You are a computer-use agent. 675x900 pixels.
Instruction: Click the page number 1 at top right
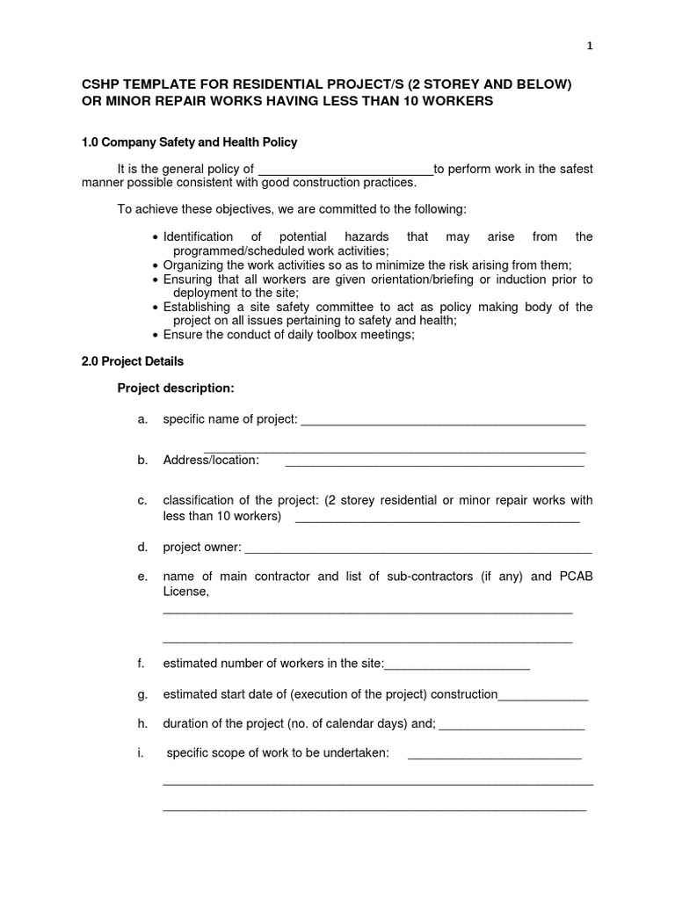pos(590,47)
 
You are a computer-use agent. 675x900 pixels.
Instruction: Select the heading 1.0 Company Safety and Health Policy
pos(189,142)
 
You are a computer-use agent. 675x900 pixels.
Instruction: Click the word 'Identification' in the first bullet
pos(198,236)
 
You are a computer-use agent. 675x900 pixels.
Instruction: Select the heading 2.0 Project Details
pos(133,360)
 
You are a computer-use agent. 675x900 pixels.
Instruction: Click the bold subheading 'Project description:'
pos(176,388)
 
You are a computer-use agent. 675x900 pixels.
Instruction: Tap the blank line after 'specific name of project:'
pos(443,421)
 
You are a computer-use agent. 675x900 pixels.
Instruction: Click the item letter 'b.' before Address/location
pos(142,460)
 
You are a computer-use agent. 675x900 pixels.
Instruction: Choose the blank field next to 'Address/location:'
pos(434,461)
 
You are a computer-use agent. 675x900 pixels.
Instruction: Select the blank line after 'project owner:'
pos(417,548)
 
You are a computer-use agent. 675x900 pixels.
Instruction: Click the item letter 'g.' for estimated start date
pos(142,694)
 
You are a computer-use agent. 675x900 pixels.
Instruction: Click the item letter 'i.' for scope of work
pos(141,753)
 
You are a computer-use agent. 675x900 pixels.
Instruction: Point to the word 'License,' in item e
pos(186,592)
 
